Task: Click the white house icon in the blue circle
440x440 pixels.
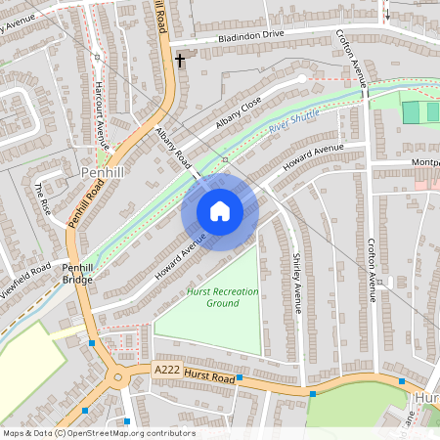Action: [220, 211]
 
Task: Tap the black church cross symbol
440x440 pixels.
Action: [179, 61]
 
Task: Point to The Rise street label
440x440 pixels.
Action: [45, 200]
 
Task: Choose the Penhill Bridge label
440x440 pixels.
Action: [76, 273]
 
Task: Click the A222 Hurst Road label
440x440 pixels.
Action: [195, 373]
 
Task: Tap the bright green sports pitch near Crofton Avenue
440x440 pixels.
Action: [420, 112]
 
